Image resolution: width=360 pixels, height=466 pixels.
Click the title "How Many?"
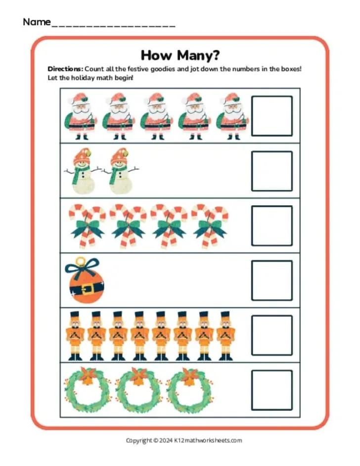[180, 54]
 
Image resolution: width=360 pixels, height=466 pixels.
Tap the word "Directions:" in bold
[65, 69]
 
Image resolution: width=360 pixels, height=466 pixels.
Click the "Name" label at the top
[37, 22]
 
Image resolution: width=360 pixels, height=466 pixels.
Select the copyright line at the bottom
[184, 440]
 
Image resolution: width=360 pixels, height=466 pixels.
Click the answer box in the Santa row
[271, 116]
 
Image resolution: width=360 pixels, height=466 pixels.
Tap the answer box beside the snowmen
[271, 171]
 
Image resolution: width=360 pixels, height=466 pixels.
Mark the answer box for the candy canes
[271, 226]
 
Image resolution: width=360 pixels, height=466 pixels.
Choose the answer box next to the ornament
[271, 280]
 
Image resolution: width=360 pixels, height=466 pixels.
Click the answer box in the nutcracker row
[271, 335]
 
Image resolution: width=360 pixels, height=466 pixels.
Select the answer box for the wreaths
[271, 390]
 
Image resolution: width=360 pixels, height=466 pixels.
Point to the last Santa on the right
[232, 116]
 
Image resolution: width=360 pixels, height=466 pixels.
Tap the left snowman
[82, 171]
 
